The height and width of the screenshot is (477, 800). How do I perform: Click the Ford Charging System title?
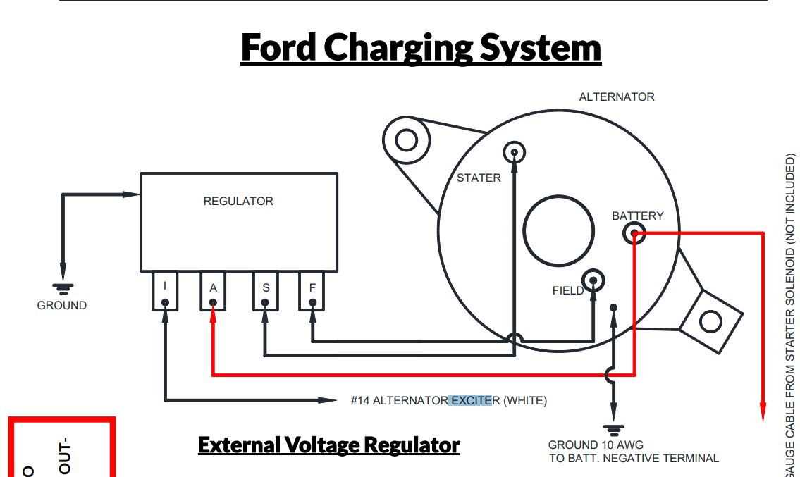[421, 47]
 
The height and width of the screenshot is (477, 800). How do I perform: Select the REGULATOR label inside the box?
[238, 201]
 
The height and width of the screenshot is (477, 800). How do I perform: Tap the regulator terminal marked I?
[165, 291]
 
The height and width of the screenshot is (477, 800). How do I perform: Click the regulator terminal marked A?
[213, 291]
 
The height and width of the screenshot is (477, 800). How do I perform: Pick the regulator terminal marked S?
[265, 291]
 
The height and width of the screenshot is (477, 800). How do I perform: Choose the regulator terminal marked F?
[312, 291]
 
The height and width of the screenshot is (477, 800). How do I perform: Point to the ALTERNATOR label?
[616, 97]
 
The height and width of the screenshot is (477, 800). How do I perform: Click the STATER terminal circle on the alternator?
[515, 152]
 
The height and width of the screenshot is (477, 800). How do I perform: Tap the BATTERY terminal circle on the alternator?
[635, 233]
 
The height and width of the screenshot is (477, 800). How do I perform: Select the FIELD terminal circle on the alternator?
[593, 280]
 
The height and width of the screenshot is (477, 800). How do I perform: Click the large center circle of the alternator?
[559, 230]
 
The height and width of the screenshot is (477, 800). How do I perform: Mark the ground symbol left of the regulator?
[63, 287]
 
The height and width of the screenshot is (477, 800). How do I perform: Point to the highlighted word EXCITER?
[472, 401]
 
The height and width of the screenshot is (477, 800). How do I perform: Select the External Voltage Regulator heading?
[328, 445]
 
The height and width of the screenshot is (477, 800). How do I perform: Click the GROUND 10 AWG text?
[596, 445]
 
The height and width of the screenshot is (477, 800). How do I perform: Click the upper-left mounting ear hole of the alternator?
[407, 140]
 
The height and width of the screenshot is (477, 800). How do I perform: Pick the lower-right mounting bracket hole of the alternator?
[710, 322]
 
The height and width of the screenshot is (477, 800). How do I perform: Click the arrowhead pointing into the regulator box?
[132, 194]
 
